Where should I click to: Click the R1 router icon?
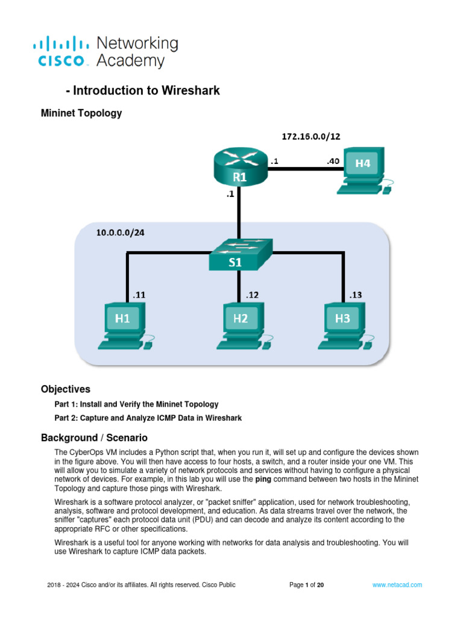click(239, 169)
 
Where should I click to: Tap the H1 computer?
click(124, 326)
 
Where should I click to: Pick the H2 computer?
click(241, 326)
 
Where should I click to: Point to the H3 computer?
click(343, 326)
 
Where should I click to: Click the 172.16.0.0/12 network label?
click(310, 137)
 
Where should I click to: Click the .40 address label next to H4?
click(333, 161)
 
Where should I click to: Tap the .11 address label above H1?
click(139, 295)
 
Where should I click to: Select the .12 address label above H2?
click(253, 295)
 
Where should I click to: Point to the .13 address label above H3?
click(356, 295)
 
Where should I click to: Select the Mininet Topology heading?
click(81, 113)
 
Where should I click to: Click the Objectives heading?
click(65, 389)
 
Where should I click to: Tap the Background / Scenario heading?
click(94, 437)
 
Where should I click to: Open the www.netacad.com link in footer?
click(397, 584)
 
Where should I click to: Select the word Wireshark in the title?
click(191, 91)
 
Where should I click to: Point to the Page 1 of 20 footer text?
click(307, 584)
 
